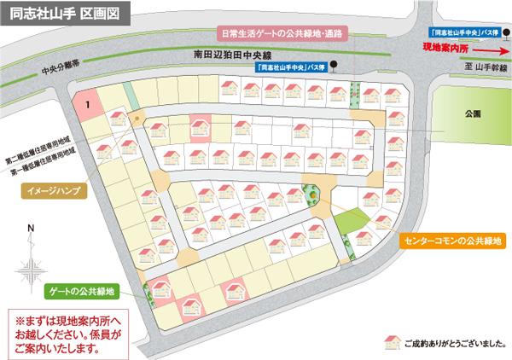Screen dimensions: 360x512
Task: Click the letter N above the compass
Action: click(31, 228)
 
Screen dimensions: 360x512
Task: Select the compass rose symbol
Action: click(31, 270)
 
